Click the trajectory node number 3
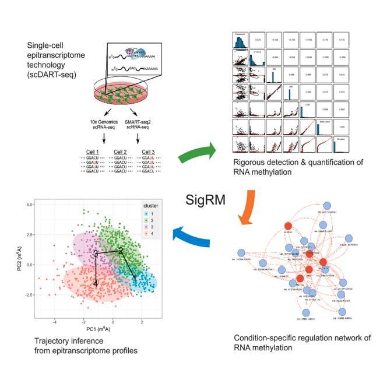[x=96, y=253]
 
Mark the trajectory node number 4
[x=96, y=284]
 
